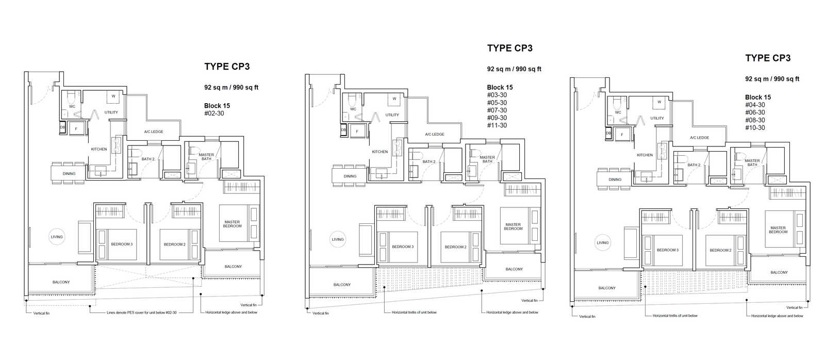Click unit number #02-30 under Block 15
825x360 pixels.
(214, 113)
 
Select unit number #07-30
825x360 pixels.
(497, 110)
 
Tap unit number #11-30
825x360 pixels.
(497, 125)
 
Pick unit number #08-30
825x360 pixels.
(755, 120)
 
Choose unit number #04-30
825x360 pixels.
(755, 105)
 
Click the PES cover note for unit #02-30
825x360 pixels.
(141, 313)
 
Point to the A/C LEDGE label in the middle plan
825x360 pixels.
(435, 134)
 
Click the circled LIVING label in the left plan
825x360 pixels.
(57, 237)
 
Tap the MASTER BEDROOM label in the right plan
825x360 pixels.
(778, 230)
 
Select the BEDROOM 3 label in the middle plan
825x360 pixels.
(403, 247)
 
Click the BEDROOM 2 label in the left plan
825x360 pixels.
(175, 244)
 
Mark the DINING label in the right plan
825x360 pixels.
(615, 180)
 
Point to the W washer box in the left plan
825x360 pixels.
(113, 96)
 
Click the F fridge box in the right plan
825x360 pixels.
(622, 135)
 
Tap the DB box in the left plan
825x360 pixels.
(62, 127)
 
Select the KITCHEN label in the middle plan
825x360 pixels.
(379, 152)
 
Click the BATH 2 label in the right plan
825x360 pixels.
(694, 165)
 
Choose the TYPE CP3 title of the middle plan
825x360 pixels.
(510, 48)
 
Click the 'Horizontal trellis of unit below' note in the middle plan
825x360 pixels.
(414, 313)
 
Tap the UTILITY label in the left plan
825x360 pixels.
(111, 112)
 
